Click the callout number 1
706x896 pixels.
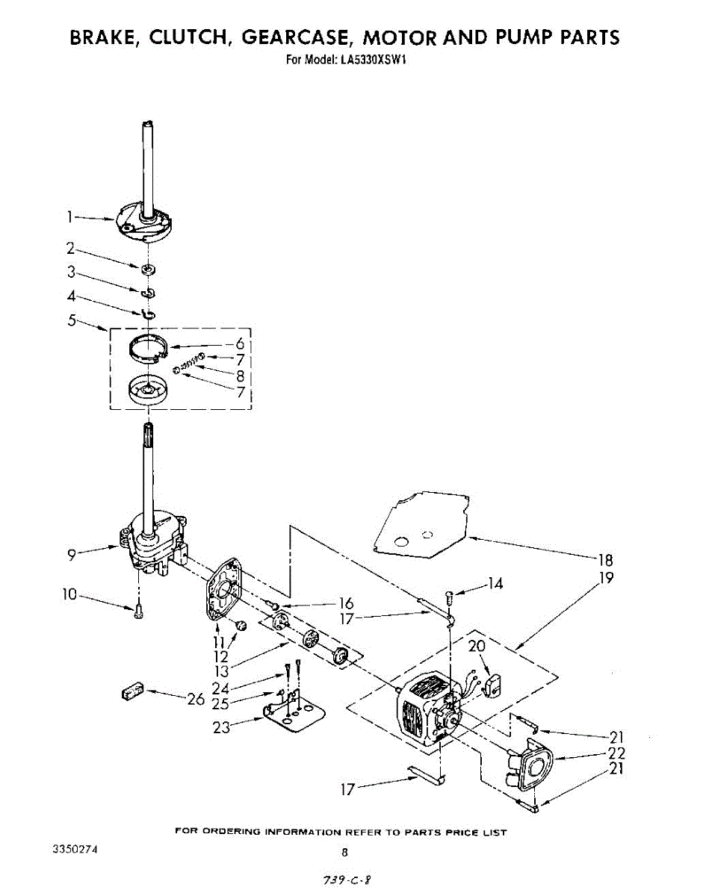[x=69, y=217]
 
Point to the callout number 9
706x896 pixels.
[x=71, y=554]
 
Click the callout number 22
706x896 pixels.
[x=616, y=753]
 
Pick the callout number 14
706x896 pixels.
[x=495, y=585]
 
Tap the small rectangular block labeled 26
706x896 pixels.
[x=131, y=692]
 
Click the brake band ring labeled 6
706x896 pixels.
[x=146, y=347]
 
